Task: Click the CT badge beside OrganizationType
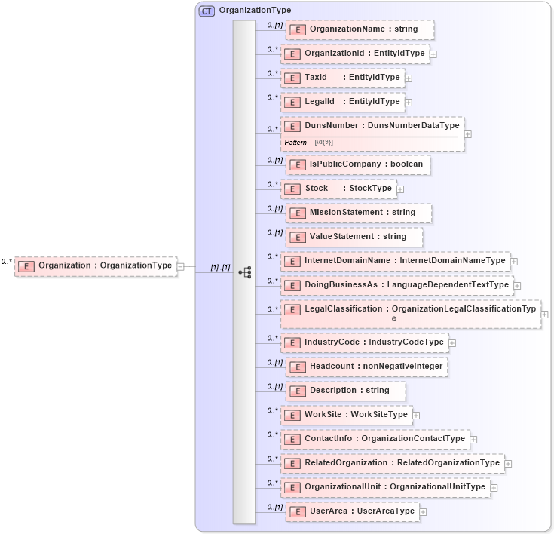click(x=207, y=11)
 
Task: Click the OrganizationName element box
click(x=360, y=29)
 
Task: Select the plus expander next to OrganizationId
click(x=433, y=54)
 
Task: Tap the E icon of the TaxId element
click(x=292, y=78)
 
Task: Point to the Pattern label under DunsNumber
click(x=295, y=142)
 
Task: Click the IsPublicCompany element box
click(x=358, y=164)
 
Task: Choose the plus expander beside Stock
click(x=400, y=189)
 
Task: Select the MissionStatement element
click(x=359, y=213)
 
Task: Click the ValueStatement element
click(x=354, y=237)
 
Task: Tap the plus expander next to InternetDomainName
click(x=514, y=262)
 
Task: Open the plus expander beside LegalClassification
click(x=544, y=315)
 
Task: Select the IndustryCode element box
click(x=365, y=342)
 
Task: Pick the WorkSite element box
click(x=347, y=415)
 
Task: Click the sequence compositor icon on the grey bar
click(x=244, y=272)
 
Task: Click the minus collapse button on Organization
click(x=181, y=266)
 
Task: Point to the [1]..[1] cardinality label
click(x=220, y=268)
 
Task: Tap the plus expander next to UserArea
click(x=423, y=512)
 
